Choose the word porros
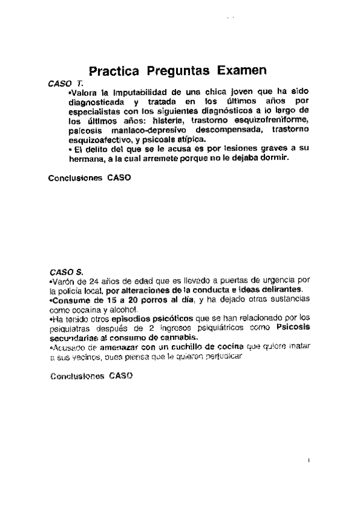(x=144, y=299)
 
